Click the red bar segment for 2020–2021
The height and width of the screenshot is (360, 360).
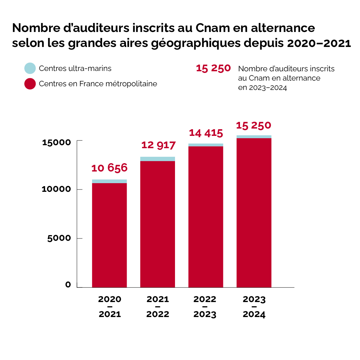tap(109, 235)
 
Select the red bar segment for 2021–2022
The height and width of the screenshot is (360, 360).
tap(158, 224)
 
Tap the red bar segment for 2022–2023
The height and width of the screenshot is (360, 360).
tap(206, 216)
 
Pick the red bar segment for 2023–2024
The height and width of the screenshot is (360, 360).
tap(254, 212)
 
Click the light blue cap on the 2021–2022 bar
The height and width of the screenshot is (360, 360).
tap(158, 159)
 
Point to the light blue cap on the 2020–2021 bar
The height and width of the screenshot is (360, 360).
tap(109, 181)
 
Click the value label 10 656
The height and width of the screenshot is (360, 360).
tap(109, 168)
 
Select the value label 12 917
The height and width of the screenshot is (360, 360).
tap(158, 145)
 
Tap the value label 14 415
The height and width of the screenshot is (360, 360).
tap(206, 133)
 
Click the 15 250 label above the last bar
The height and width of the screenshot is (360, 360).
tap(254, 126)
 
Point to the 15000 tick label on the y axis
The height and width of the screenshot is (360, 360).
tap(57, 142)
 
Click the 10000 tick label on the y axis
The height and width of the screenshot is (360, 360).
tap(57, 189)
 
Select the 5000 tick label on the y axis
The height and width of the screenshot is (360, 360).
tap(59, 238)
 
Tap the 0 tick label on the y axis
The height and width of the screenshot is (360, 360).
tap(68, 285)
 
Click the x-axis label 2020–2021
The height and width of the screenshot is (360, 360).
tap(110, 306)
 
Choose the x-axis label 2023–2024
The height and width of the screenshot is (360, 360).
tap(254, 306)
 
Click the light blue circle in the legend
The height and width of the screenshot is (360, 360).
tap(30, 68)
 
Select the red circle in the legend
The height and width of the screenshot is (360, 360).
tap(30, 84)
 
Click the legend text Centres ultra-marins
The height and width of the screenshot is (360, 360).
tap(75, 69)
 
